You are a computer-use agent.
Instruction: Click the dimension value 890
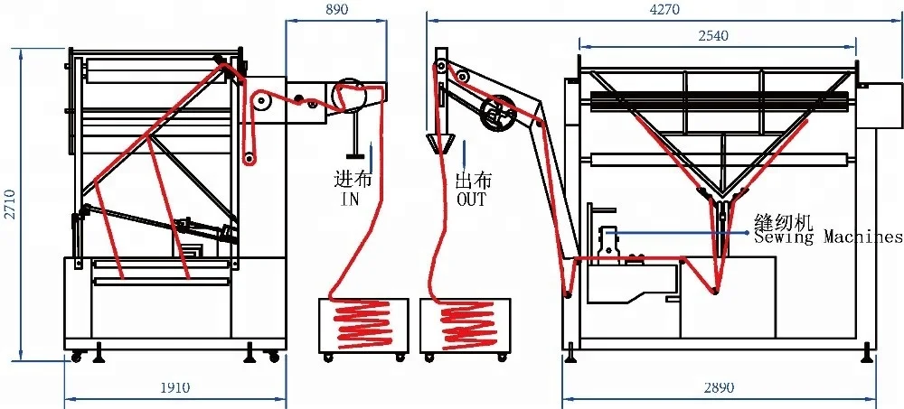[x=335, y=9]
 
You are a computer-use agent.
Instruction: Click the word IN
[x=349, y=199]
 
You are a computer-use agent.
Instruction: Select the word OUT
[x=472, y=199]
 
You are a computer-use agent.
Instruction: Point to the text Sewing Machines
[x=828, y=237]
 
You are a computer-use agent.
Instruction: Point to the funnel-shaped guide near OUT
[x=440, y=143]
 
